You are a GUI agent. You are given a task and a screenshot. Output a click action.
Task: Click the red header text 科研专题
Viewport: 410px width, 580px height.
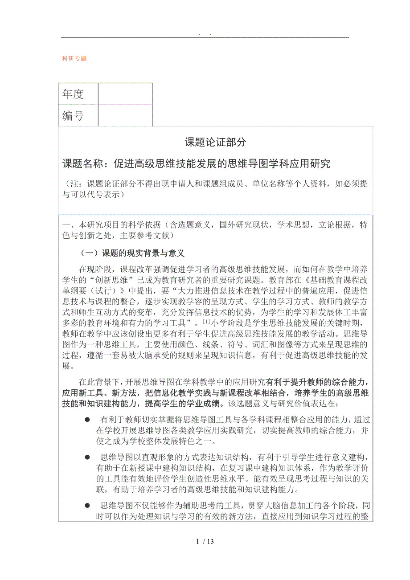(x=74, y=58)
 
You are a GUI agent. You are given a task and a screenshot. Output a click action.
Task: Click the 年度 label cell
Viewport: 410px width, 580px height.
(x=74, y=94)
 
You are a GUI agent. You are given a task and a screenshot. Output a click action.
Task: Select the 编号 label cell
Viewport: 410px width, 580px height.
(x=74, y=116)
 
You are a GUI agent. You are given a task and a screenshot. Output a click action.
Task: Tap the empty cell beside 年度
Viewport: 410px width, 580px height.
(x=125, y=94)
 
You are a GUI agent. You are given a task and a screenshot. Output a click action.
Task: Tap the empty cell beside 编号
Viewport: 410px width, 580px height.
(x=125, y=116)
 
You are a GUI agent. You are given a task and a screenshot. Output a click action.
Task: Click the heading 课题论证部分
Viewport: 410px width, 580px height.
(x=215, y=142)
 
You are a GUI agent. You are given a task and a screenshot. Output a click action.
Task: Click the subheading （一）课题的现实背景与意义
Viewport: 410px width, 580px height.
(x=132, y=253)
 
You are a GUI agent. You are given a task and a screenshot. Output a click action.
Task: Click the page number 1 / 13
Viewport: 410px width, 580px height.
(x=205, y=541)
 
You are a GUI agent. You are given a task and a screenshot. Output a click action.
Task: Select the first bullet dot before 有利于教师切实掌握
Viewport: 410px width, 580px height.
(x=87, y=420)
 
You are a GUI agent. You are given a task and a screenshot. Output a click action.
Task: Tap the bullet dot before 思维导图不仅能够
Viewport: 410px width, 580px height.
(x=87, y=505)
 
